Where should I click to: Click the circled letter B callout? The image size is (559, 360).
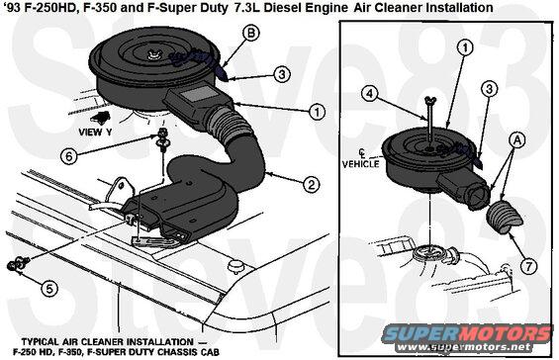pyautogui.click(x=251, y=34)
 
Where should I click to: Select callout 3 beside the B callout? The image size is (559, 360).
pyautogui.click(x=282, y=74)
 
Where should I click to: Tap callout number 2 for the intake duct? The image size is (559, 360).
pyautogui.click(x=312, y=185)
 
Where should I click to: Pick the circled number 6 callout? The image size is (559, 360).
pyautogui.click(x=68, y=156)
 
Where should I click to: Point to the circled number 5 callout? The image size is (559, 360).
pyautogui.click(x=49, y=288)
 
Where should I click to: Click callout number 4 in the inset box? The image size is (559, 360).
pyautogui.click(x=369, y=94)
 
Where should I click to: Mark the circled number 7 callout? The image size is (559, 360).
pyautogui.click(x=528, y=265)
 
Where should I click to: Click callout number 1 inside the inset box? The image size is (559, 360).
pyautogui.click(x=465, y=47)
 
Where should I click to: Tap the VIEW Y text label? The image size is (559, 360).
pyautogui.click(x=95, y=133)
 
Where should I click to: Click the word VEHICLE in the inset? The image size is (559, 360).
pyautogui.click(x=361, y=164)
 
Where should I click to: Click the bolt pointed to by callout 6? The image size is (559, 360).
pyautogui.click(x=162, y=139)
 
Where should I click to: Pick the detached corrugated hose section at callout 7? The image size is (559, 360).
pyautogui.click(x=505, y=218)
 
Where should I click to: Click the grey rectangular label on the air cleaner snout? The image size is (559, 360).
pyautogui.click(x=197, y=97)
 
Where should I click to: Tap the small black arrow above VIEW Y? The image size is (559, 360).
pyautogui.click(x=101, y=118)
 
